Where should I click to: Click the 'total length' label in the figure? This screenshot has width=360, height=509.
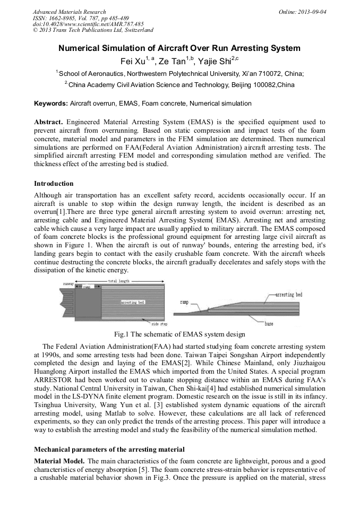pos(119,281)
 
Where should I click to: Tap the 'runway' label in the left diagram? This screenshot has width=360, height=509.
pos(68,284)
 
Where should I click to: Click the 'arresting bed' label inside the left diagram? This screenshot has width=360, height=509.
pos(132,302)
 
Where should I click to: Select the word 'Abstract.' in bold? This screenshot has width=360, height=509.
pos(49,122)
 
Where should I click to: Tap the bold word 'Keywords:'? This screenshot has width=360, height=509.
pos(51,103)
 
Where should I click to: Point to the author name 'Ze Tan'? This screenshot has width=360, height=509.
pos(173,61)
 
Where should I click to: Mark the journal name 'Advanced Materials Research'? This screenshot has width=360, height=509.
pos(69,11)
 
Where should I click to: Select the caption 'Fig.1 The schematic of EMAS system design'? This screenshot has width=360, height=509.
pos(180,334)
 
